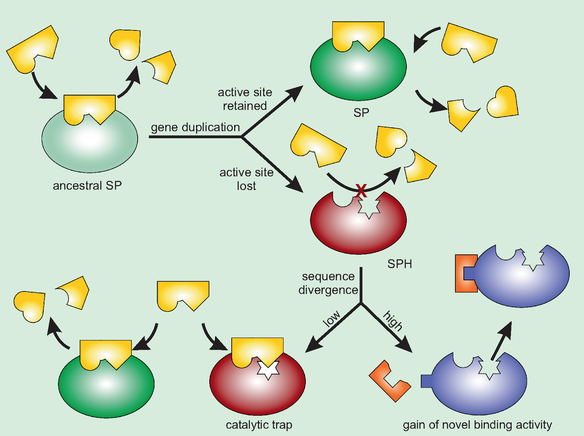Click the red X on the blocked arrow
click(361, 191)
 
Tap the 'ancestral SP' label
click(87, 185)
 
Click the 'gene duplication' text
click(195, 127)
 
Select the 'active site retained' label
click(245, 99)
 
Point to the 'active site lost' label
click(246, 179)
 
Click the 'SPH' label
click(399, 263)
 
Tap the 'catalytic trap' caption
click(259, 424)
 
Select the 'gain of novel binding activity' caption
click(477, 424)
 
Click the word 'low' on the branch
click(331, 318)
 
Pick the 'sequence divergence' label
click(328, 283)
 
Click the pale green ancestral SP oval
click(89, 147)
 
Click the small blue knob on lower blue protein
click(427, 381)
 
